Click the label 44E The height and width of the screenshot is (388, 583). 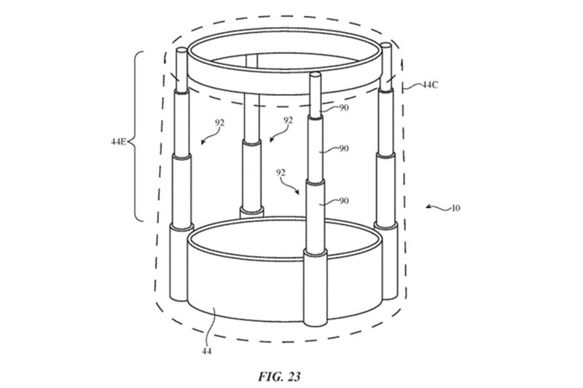pyautogui.click(x=118, y=141)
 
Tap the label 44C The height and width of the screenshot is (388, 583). pyautogui.click(x=430, y=85)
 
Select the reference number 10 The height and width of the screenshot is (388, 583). pyautogui.click(x=455, y=208)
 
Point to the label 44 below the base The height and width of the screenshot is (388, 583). pyautogui.click(x=207, y=351)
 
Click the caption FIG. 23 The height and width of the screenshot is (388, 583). pyautogui.click(x=279, y=376)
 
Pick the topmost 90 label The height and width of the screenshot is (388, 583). pyautogui.click(x=343, y=108)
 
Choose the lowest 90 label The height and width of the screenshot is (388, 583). pyautogui.click(x=343, y=201)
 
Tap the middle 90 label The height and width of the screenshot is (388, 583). pyautogui.click(x=343, y=149)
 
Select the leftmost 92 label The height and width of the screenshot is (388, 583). pyautogui.click(x=219, y=122)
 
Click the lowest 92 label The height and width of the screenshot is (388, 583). pyautogui.click(x=281, y=173)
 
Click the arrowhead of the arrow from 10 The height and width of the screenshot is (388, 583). pyautogui.click(x=429, y=206)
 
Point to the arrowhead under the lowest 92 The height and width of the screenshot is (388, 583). pyautogui.click(x=297, y=192)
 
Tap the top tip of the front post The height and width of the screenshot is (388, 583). pyautogui.click(x=315, y=74)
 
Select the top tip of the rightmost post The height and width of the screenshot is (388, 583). pyautogui.click(x=386, y=44)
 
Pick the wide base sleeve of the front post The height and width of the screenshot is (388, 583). pyautogui.click(x=316, y=288)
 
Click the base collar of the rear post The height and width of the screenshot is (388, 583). pyautogui.click(x=251, y=213)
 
